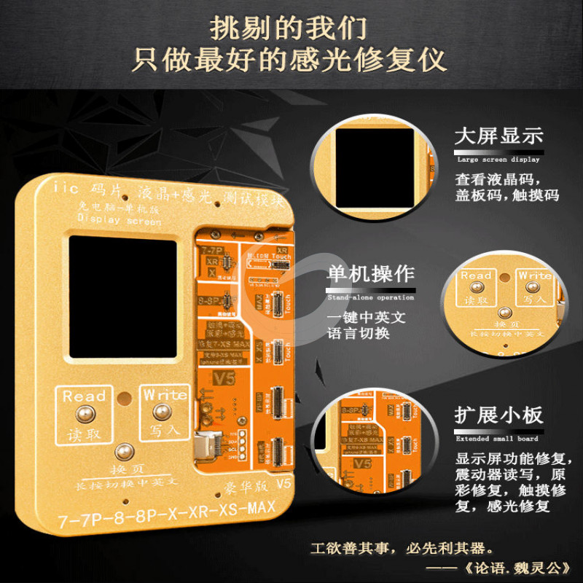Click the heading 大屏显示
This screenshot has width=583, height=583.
[499, 137]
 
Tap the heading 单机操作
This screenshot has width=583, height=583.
[371, 275]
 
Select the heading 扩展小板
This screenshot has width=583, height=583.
[499, 416]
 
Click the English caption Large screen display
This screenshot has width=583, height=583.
[498, 159]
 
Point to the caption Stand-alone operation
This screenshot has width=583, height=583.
[371, 297]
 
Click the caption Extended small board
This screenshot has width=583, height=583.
[497, 439]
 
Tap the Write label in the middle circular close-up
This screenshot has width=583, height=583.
[534, 277]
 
